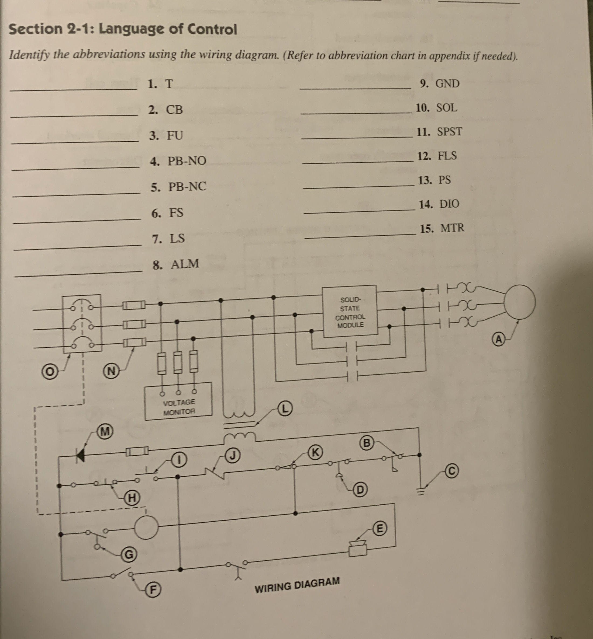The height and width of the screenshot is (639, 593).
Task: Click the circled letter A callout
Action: (498, 339)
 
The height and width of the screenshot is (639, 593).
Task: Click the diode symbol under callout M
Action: (81, 455)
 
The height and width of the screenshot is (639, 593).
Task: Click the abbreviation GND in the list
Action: (447, 84)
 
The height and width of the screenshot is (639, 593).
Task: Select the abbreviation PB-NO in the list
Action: (187, 161)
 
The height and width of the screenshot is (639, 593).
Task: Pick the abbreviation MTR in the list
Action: (452, 228)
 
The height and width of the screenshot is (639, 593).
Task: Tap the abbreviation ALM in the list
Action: (185, 264)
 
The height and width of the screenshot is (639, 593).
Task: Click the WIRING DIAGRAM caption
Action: (297, 585)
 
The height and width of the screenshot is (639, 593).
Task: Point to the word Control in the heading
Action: (212, 30)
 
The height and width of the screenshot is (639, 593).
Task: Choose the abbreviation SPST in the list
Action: (450, 132)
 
